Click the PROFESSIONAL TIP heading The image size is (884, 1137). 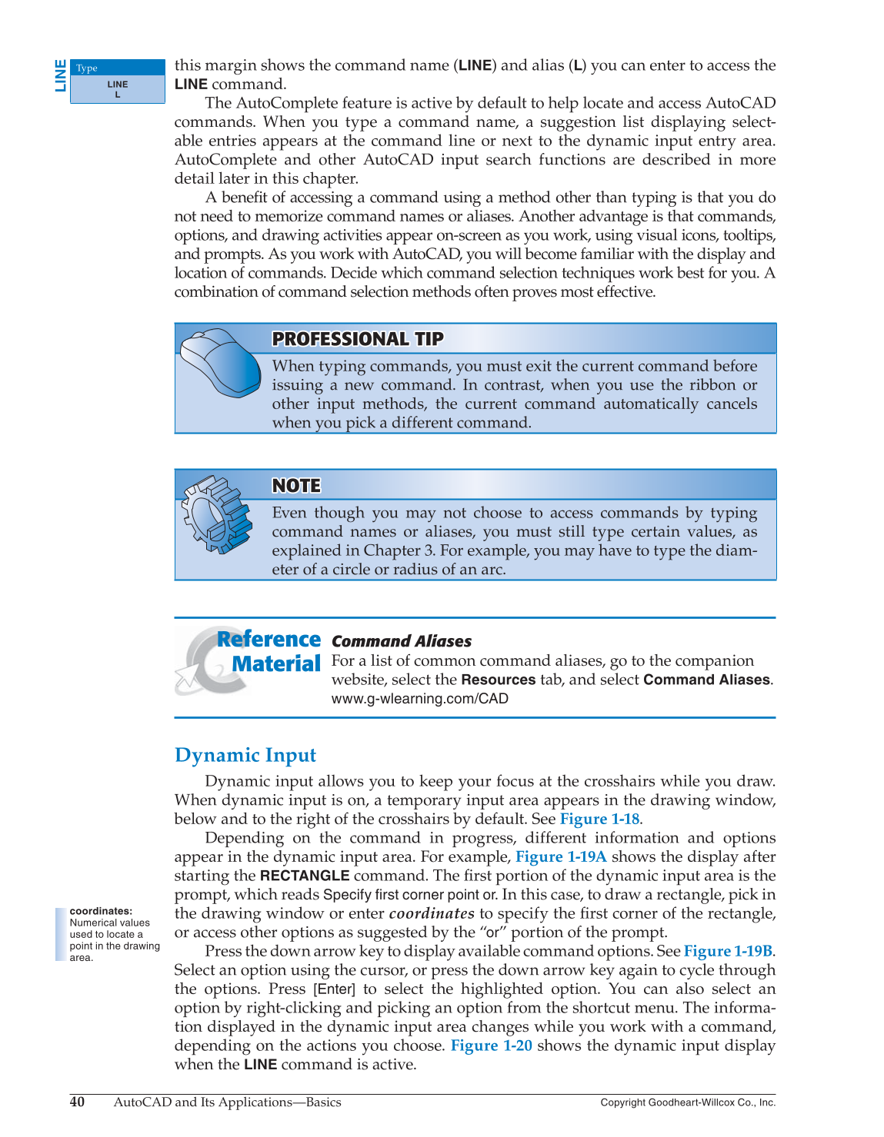pos(358,339)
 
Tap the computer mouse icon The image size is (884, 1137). pos(220,363)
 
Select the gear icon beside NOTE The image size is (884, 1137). pos(216,514)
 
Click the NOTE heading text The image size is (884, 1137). pos(296,486)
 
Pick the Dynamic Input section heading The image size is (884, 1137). pos(245,756)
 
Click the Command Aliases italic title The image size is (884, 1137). pos(401,641)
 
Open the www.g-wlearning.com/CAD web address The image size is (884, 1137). pos(419,699)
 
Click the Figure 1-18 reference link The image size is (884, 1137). pos(599,819)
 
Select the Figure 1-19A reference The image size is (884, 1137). pos(561,856)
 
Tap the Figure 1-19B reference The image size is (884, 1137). pos(728,951)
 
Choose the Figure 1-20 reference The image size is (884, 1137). pos(491,1046)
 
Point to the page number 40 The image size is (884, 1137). pos(78,1102)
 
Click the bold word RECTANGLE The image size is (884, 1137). pos(305,876)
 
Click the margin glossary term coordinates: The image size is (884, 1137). pos(101,911)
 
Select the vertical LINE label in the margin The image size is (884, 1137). pos(60,75)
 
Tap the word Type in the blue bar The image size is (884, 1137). pos(87,68)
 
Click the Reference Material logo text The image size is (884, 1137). pos(269,651)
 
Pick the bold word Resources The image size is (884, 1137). pos(498,680)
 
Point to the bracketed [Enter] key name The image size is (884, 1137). pos(334,989)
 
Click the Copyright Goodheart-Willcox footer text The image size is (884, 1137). pos(688,1102)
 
